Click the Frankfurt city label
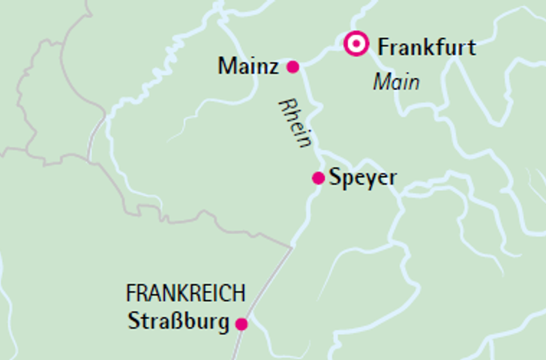pos(427,47)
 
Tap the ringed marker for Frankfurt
pos(355,43)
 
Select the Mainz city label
pos(248,67)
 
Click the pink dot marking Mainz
pos(293,67)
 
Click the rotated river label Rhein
pos(295,122)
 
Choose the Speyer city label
pos(363,178)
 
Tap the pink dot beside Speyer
pos(318,178)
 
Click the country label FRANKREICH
pos(186,292)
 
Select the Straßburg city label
pos(178,322)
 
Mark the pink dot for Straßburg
pos(241,324)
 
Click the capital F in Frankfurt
pos(384,47)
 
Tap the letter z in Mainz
pos(274,67)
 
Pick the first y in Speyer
pos(357,181)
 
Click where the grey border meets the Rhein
pos(292,246)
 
